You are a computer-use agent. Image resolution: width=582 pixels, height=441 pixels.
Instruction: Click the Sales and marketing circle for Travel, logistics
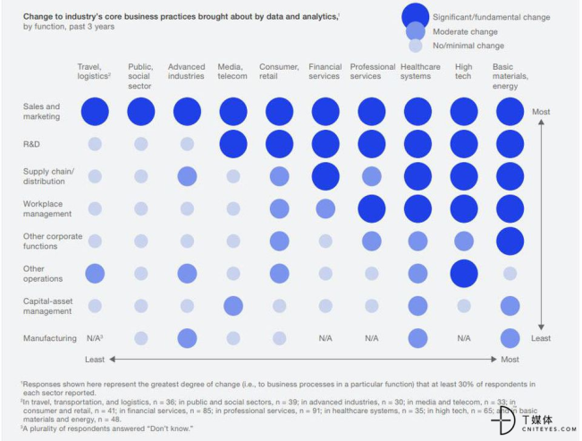pyautogui.click(x=95, y=112)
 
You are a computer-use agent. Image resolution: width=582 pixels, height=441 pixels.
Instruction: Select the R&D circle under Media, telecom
pyautogui.click(x=233, y=143)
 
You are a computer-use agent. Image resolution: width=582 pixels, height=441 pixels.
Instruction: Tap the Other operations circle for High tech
pyautogui.click(x=463, y=273)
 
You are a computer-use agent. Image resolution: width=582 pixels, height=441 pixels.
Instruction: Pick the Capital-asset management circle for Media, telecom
pyautogui.click(x=233, y=306)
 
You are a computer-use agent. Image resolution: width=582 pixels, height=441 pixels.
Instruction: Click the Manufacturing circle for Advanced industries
pyautogui.click(x=187, y=338)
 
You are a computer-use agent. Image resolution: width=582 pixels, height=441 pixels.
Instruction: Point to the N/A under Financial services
pyautogui.click(x=325, y=338)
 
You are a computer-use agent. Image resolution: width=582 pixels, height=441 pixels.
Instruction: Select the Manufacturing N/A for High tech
pyautogui.click(x=463, y=338)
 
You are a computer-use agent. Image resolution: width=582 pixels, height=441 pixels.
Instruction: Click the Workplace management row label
pyautogui.click(x=47, y=209)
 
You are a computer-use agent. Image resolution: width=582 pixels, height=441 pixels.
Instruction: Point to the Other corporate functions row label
pyautogui.click(x=52, y=242)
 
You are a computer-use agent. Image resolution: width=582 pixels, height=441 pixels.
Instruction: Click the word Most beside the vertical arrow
pyautogui.click(x=541, y=111)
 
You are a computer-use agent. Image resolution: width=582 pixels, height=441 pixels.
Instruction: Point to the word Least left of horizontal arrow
pyautogui.click(x=95, y=359)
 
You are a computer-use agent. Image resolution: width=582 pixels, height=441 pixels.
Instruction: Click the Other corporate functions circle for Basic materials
pyautogui.click(x=510, y=241)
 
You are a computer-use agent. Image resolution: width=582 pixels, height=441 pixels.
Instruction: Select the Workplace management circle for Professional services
pyautogui.click(x=371, y=208)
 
